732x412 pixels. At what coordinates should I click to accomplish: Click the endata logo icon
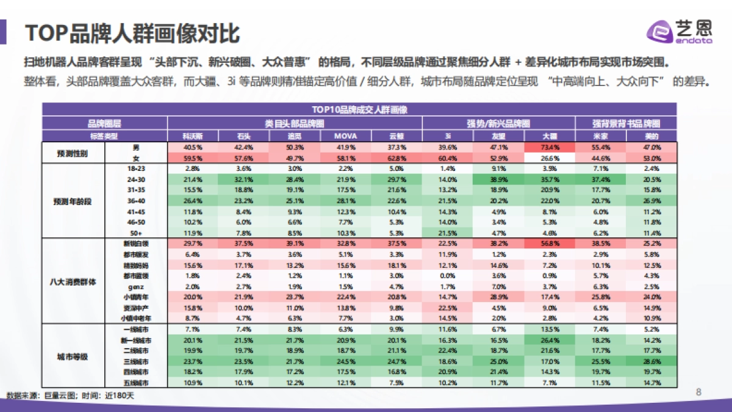click(x=659, y=30)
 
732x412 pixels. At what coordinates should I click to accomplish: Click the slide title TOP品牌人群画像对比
click(x=131, y=32)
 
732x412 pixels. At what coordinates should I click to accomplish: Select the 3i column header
click(x=448, y=136)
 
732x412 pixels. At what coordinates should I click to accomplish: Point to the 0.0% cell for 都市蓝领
click(x=448, y=275)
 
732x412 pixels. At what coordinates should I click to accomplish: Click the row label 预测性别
click(x=73, y=153)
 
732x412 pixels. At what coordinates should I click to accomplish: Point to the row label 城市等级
click(x=73, y=356)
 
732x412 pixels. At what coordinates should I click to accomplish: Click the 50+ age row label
click(x=135, y=233)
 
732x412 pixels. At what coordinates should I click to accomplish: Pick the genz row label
click(x=135, y=286)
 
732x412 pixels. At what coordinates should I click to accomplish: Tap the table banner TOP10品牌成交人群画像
click(x=359, y=110)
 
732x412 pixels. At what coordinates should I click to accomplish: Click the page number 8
click(x=699, y=391)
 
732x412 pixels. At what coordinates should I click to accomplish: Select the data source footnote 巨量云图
click(x=70, y=396)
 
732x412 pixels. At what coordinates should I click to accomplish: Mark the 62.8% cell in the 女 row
click(x=396, y=158)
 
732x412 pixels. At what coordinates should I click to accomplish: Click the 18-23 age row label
click(x=135, y=168)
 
